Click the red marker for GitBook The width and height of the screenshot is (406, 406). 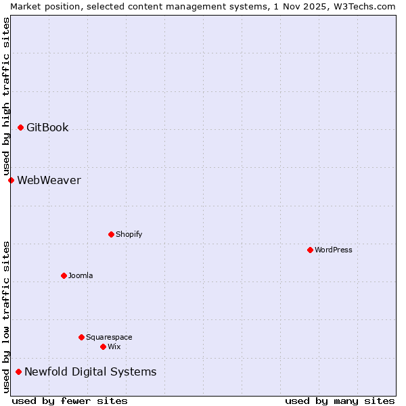20,127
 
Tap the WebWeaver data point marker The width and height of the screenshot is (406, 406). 11,180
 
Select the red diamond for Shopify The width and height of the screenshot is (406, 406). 111,234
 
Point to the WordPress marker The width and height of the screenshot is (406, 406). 310,250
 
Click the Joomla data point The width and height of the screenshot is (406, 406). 64,275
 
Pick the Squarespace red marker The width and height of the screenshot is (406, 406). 81,337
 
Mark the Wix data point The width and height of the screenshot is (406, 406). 103,346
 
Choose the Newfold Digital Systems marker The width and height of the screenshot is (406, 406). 18,371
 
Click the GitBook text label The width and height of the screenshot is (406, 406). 47,127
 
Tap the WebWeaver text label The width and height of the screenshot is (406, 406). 49,180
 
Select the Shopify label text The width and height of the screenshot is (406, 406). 129,234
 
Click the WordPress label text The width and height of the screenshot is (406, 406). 333,250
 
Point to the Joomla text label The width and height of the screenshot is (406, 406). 81,275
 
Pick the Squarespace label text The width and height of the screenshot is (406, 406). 109,337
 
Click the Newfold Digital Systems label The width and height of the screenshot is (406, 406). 90,371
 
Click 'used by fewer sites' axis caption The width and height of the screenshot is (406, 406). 70,401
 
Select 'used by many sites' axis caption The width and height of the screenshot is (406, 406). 340,401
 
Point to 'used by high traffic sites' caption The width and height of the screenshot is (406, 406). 6,96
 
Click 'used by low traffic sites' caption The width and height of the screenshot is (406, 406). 6,316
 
